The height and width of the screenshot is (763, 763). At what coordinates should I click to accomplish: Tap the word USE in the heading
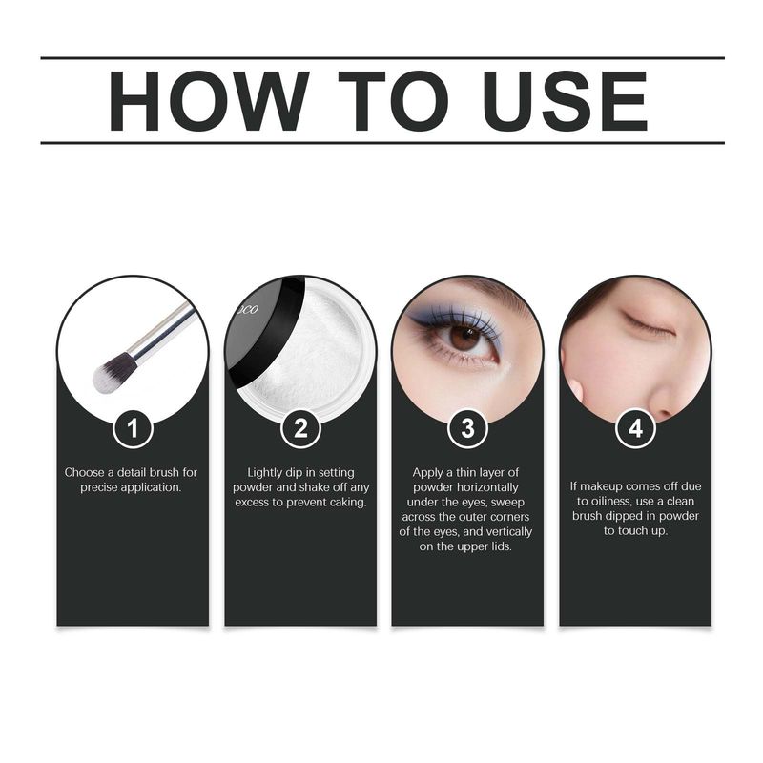coord(566,101)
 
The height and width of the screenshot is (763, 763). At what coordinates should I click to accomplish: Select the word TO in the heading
coord(393,101)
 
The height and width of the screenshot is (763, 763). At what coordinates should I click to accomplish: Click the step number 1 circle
coord(133,428)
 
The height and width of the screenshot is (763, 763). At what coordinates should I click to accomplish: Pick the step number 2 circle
coord(300,428)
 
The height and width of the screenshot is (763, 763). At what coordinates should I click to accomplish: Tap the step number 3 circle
coord(467,428)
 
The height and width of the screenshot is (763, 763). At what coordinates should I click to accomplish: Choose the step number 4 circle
coord(635,428)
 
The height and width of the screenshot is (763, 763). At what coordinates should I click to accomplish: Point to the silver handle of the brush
coord(161,331)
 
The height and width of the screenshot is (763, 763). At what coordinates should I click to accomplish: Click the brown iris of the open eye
coord(464,338)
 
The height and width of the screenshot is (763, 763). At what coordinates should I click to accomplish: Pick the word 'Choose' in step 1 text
coord(85,472)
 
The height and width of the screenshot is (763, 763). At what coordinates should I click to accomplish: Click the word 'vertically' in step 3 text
coord(509,532)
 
